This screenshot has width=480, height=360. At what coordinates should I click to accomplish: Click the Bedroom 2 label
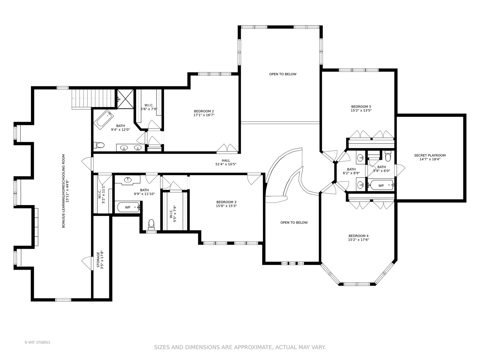pyautogui.click(x=204, y=111)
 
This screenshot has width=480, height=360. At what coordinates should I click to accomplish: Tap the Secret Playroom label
pyautogui.click(x=430, y=155)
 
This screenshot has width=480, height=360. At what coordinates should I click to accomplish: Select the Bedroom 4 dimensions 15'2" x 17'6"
pyautogui.click(x=358, y=240)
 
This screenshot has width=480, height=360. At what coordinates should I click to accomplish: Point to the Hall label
pyautogui.click(x=226, y=160)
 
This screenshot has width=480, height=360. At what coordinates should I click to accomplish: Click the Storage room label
pyautogui.click(x=98, y=260)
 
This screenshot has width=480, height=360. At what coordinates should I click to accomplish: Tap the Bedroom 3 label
pyautogui.click(x=226, y=202)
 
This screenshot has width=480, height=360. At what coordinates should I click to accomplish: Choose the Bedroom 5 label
pyautogui.click(x=361, y=107)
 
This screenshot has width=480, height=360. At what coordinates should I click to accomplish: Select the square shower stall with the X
pyautogui.click(x=125, y=99)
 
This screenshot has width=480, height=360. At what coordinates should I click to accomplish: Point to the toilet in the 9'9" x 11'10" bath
pyautogui.click(x=151, y=225)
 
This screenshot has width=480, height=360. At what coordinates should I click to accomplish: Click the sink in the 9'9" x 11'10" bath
pyautogui.click(x=128, y=180)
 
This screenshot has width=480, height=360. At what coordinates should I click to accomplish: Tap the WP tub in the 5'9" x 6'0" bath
pyautogui.click(x=381, y=186)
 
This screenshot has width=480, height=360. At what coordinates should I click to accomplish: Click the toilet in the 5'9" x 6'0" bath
pyautogui.click(x=388, y=156)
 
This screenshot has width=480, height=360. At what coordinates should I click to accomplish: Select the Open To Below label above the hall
pyautogui.click(x=283, y=74)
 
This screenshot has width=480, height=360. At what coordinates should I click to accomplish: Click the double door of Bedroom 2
pyautogui.click(x=227, y=148)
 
